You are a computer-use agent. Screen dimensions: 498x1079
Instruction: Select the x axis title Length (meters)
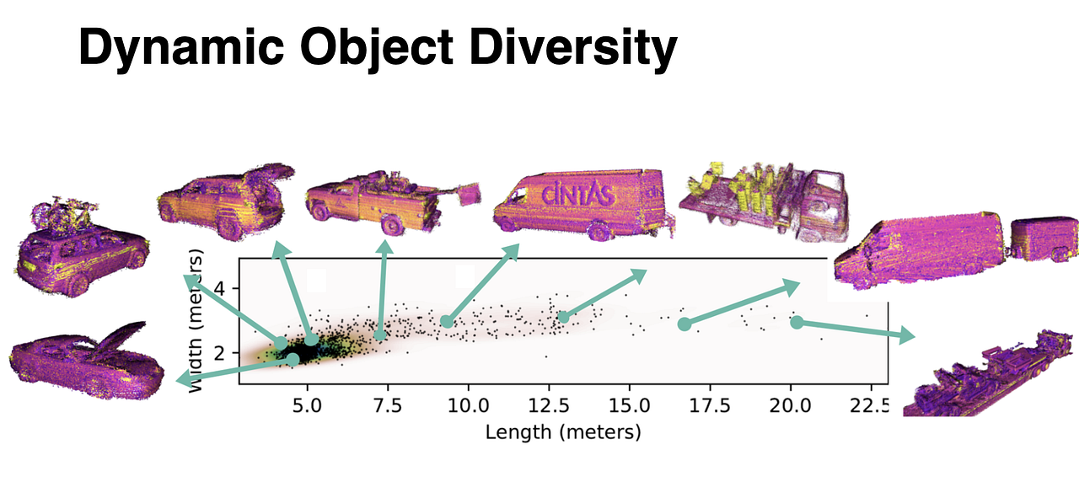[x=563, y=432]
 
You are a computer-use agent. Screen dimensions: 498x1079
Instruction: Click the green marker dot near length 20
[x=797, y=322]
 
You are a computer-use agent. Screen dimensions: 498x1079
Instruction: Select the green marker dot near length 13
[x=563, y=317]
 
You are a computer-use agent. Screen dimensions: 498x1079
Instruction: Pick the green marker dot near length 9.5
[x=447, y=322]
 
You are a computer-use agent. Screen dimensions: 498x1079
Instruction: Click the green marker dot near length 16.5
[x=684, y=324]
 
